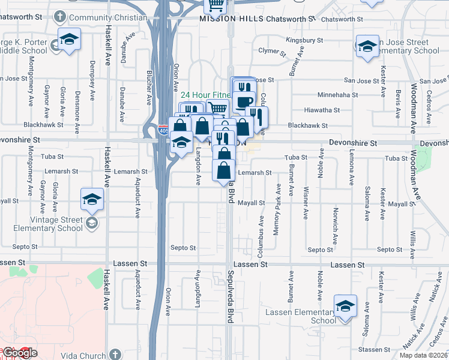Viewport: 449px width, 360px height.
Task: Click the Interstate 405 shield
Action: pyautogui.click(x=164, y=130)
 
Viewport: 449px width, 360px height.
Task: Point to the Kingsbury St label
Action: pyautogui.click(x=304, y=40)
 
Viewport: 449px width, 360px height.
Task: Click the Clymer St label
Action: pyautogui.click(x=271, y=51)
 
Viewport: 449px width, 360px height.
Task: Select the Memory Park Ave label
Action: pyautogui.click(x=277, y=217)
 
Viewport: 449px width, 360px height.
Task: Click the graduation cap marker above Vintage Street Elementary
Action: pyautogui.click(x=92, y=200)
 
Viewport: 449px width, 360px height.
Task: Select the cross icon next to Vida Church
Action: pyautogui.click(x=115, y=354)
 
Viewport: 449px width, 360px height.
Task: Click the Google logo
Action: pyautogui.click(x=19, y=353)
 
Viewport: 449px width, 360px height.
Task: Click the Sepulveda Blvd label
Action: pyautogui.click(x=230, y=296)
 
